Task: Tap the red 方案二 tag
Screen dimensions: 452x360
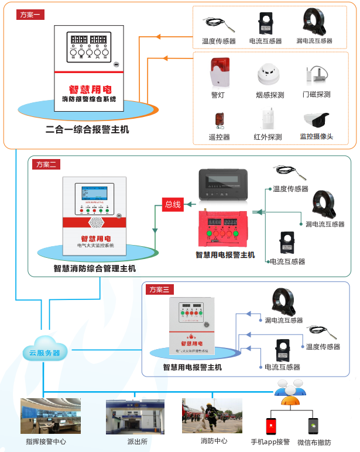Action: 46,164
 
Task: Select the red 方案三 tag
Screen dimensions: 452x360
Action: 160,289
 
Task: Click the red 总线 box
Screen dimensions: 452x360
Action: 173,204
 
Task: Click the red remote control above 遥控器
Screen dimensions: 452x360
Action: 220,120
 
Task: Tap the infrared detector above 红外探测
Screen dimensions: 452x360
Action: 268,119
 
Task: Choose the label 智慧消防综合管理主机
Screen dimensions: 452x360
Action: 95,268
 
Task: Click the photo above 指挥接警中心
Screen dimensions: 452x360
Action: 51,416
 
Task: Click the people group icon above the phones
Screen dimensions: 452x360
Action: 292,391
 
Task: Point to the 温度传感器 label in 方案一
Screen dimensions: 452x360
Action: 218,42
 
